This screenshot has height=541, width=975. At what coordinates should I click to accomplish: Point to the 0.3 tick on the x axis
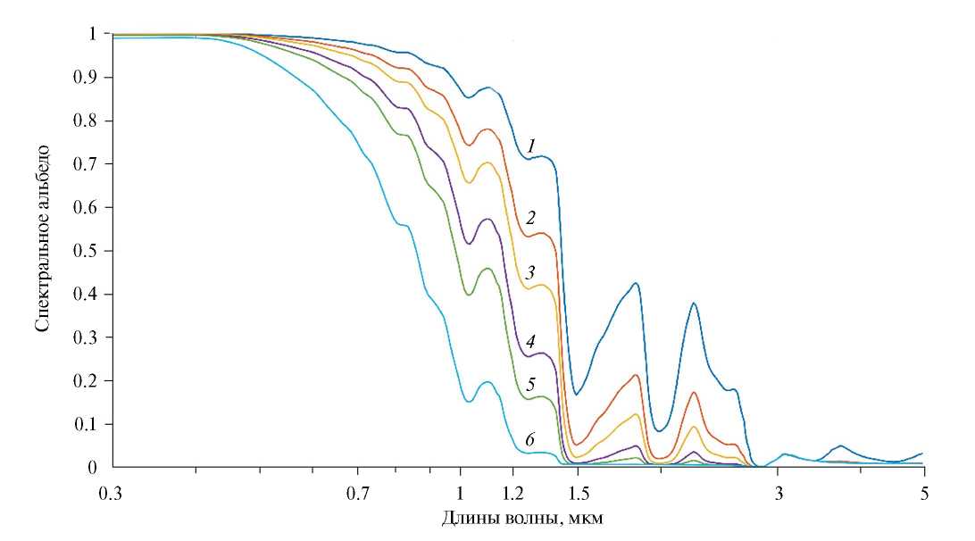coord(112,491)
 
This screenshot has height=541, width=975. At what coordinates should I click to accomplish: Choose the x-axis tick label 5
coord(924,491)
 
